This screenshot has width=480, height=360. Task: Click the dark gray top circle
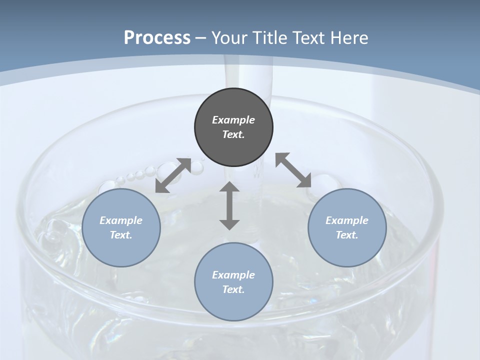pos(233,127)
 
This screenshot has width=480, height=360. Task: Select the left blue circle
pos(121,227)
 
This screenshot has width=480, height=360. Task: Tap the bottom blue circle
pos(233,282)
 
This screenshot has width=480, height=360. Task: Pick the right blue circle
pos(347,227)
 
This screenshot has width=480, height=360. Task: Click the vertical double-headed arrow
pos(229,205)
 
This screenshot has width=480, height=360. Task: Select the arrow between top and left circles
pos(173,175)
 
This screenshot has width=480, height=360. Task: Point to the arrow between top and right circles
pos(293,170)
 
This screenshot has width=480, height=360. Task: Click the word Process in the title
pos(157,37)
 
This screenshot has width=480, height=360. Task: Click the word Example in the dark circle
pos(233,120)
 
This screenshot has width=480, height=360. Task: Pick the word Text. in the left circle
pos(121,235)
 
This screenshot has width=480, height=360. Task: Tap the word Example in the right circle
pos(347,220)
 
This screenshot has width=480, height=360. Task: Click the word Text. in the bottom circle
pos(233,289)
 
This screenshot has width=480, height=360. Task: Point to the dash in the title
pos(201,38)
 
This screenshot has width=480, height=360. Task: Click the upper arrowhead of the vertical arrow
pos(229,188)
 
